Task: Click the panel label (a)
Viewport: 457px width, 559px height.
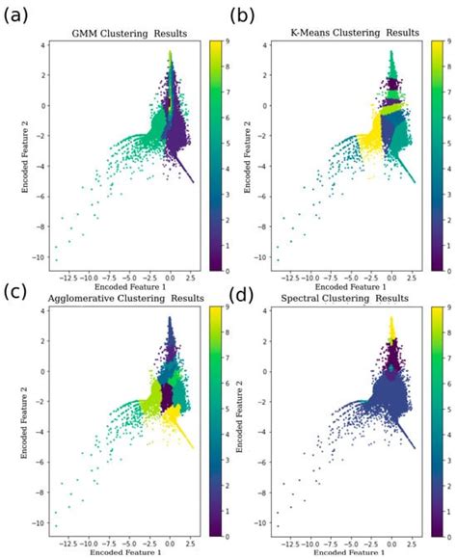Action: (17, 14)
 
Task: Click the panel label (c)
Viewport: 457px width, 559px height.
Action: (17, 292)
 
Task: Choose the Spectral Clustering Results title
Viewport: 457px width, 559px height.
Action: (349, 298)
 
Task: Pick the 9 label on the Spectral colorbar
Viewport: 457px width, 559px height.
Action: (445, 308)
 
